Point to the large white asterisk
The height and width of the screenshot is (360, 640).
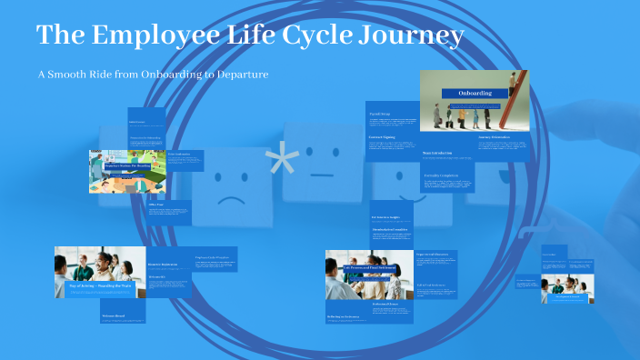click(x=282, y=164)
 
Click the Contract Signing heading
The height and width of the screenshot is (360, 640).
click(x=382, y=137)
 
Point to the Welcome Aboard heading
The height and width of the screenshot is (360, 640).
click(x=114, y=316)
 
